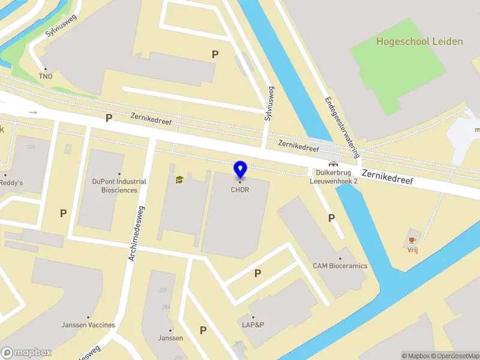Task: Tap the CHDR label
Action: click(240, 190)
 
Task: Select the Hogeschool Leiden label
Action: click(419, 41)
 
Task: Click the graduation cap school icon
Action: click(179, 179)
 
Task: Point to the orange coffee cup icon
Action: click(412, 240)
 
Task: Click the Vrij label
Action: click(412, 250)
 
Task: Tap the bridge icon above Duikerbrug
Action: click(332, 163)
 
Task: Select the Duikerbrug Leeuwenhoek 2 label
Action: click(334, 176)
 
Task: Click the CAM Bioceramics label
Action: click(340, 266)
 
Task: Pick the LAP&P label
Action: click(252, 325)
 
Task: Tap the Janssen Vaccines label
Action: click(88, 325)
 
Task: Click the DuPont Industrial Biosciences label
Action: click(119, 185)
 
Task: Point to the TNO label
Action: click(46, 76)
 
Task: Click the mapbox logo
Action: click(26, 353)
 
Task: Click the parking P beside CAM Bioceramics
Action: click(331, 218)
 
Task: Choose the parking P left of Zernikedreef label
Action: click(109, 118)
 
